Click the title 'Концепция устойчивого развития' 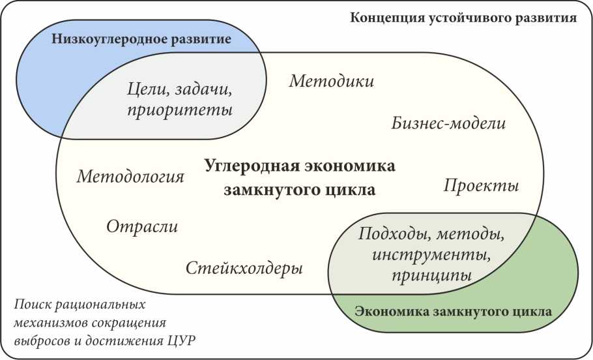pos(463,18)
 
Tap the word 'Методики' pos(332,82)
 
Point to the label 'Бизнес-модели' pos(449,123)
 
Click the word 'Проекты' pos(482,186)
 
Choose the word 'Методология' pos(130,177)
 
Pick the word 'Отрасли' pos(141,226)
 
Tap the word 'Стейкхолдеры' pos(244,268)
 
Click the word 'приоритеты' pos(181,109)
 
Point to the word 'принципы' pos(431,275)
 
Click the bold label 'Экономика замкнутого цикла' pos(454,312)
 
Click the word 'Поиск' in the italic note pos(32,305)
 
